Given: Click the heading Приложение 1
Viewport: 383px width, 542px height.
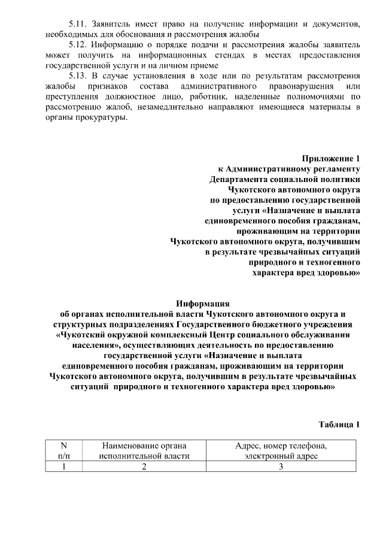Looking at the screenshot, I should [x=330, y=159].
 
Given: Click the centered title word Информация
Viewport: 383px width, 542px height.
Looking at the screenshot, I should [x=202, y=303].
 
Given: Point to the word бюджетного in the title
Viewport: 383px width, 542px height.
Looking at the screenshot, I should [x=258, y=323].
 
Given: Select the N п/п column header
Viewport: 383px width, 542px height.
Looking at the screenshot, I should [x=63, y=451].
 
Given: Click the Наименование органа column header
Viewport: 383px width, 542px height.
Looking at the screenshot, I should [x=144, y=451].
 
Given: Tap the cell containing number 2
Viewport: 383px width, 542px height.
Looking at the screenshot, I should [x=144, y=467].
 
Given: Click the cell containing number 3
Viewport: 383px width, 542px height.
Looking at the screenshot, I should [x=281, y=467].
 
